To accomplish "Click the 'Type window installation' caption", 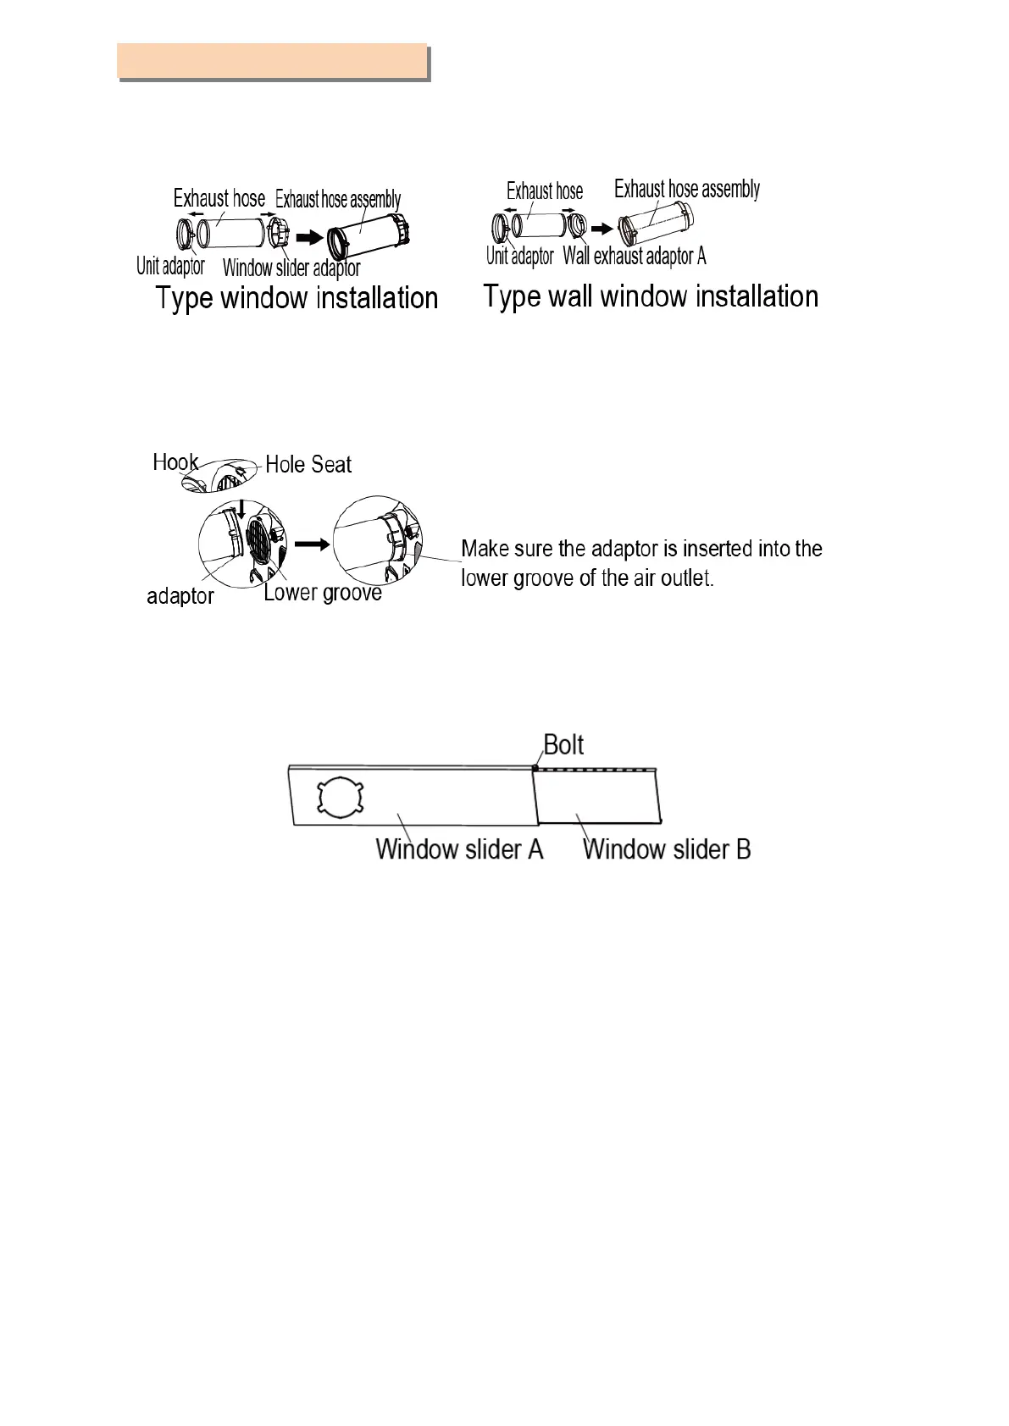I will [x=297, y=299].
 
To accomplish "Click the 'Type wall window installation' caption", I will [x=651, y=297].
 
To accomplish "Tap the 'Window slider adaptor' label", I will [x=291, y=268].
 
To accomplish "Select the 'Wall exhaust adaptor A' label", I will [x=635, y=256].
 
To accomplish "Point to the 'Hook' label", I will [x=175, y=462].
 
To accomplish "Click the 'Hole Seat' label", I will [x=308, y=465].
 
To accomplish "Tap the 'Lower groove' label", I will [x=322, y=593].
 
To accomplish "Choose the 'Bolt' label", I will [x=563, y=745].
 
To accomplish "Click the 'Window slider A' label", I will [x=459, y=849].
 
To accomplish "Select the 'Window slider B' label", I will [x=667, y=849].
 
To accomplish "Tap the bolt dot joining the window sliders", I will [x=535, y=768].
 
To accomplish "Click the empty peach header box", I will [x=271, y=61].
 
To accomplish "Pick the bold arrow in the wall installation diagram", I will [x=602, y=229].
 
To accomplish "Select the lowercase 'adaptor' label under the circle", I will [x=180, y=597].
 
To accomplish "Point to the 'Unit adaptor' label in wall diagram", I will [x=519, y=256].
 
